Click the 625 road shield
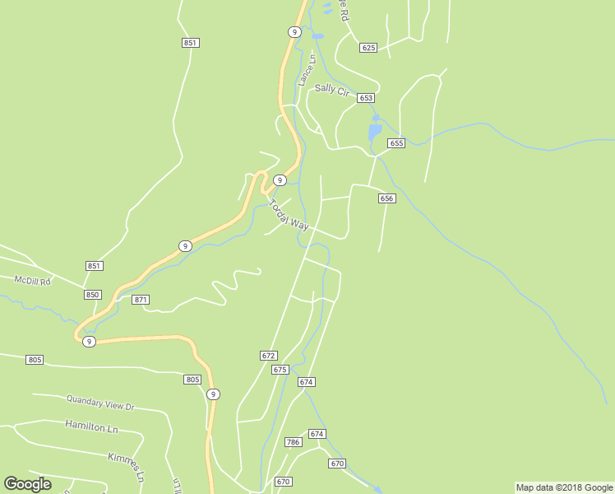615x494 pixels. point(368,48)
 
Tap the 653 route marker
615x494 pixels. point(366,98)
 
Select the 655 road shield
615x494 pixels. point(396,143)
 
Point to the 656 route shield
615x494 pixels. point(387,198)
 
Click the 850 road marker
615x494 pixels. point(92,295)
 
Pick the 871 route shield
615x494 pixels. point(141,300)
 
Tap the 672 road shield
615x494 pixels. point(268,356)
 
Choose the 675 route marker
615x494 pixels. point(280,370)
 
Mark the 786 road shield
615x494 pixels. point(294,442)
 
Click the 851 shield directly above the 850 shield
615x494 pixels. point(94,266)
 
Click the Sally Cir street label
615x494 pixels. point(332,90)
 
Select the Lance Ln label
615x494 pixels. point(307,71)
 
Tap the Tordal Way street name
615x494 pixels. point(289,215)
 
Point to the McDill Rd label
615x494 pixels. point(33,281)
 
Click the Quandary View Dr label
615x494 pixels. point(100,403)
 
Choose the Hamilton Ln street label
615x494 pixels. point(91,426)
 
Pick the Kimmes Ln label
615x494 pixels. point(127,465)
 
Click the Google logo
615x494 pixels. point(27,484)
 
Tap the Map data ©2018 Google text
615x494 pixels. point(564,487)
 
